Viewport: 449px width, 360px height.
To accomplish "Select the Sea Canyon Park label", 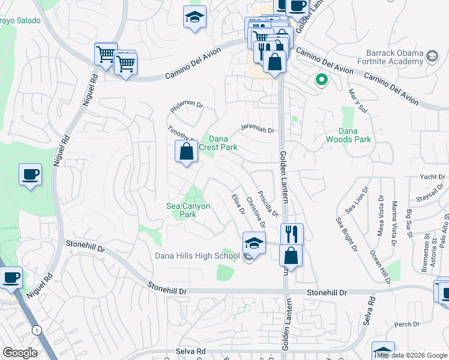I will [188, 210].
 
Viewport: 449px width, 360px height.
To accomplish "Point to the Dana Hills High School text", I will [197, 256].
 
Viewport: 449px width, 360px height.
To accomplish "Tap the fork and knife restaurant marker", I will [292, 233].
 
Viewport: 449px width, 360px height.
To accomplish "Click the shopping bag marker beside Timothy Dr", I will [187, 151].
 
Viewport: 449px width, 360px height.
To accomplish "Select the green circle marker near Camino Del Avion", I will [321, 79].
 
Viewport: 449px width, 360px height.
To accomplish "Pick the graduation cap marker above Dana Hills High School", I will [254, 243].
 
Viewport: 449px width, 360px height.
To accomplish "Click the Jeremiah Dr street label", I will [257, 128].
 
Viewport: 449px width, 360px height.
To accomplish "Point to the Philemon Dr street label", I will [187, 103].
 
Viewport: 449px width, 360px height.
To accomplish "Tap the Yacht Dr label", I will [432, 177].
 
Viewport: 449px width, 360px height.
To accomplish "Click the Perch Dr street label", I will [408, 325].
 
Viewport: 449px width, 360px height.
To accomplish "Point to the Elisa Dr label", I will [238, 204].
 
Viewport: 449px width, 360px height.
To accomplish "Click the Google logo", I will [20, 352].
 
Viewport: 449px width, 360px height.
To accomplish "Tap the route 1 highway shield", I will [37, 330].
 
